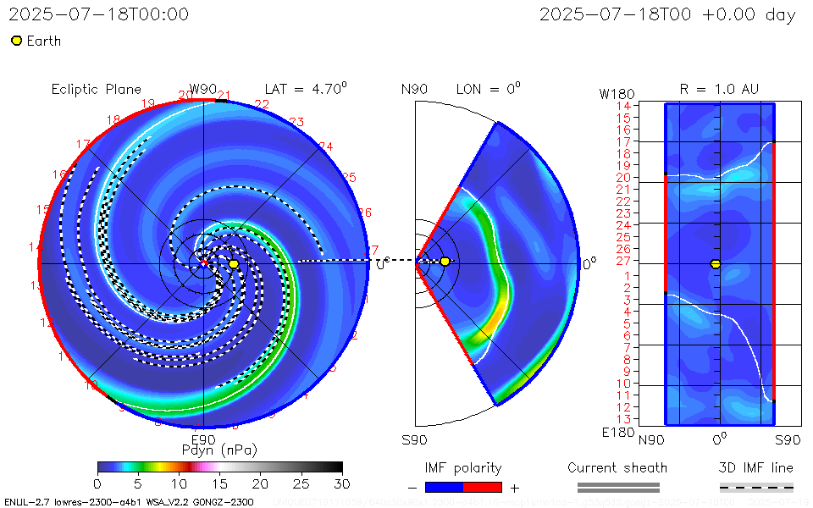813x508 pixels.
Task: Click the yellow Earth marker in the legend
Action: [x=16, y=41]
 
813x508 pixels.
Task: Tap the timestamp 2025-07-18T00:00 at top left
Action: [x=99, y=14]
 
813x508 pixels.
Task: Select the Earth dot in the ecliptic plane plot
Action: [x=234, y=264]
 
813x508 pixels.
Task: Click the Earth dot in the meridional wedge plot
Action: [x=445, y=262]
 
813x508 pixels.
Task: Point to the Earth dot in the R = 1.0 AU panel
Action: [x=716, y=264]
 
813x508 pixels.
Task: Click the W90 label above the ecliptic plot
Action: [x=203, y=89]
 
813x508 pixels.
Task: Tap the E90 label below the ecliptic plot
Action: [x=203, y=439]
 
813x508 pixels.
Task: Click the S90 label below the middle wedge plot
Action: [x=414, y=439]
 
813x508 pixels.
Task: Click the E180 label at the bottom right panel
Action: [x=616, y=433]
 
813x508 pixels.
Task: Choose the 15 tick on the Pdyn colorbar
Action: [x=219, y=483]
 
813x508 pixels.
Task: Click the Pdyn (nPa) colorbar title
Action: [x=219, y=450]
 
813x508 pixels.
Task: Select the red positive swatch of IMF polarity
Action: [x=483, y=488]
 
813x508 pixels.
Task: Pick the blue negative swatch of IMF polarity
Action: [x=444, y=488]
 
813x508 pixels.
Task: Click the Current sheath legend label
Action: [x=617, y=467]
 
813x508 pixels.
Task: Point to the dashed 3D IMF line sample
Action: [x=756, y=488]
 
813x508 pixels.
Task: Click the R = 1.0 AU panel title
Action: [x=719, y=89]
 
